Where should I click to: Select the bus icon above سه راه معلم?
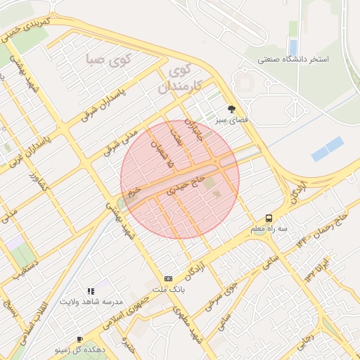pyautogui.click(x=269, y=218)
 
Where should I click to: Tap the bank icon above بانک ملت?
pyautogui.click(x=167, y=278)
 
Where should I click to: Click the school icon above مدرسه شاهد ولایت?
pyautogui.click(x=90, y=290)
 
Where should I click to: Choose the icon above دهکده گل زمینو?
pyautogui.click(x=79, y=338)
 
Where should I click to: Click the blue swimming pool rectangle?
pyautogui.click(x=327, y=149)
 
